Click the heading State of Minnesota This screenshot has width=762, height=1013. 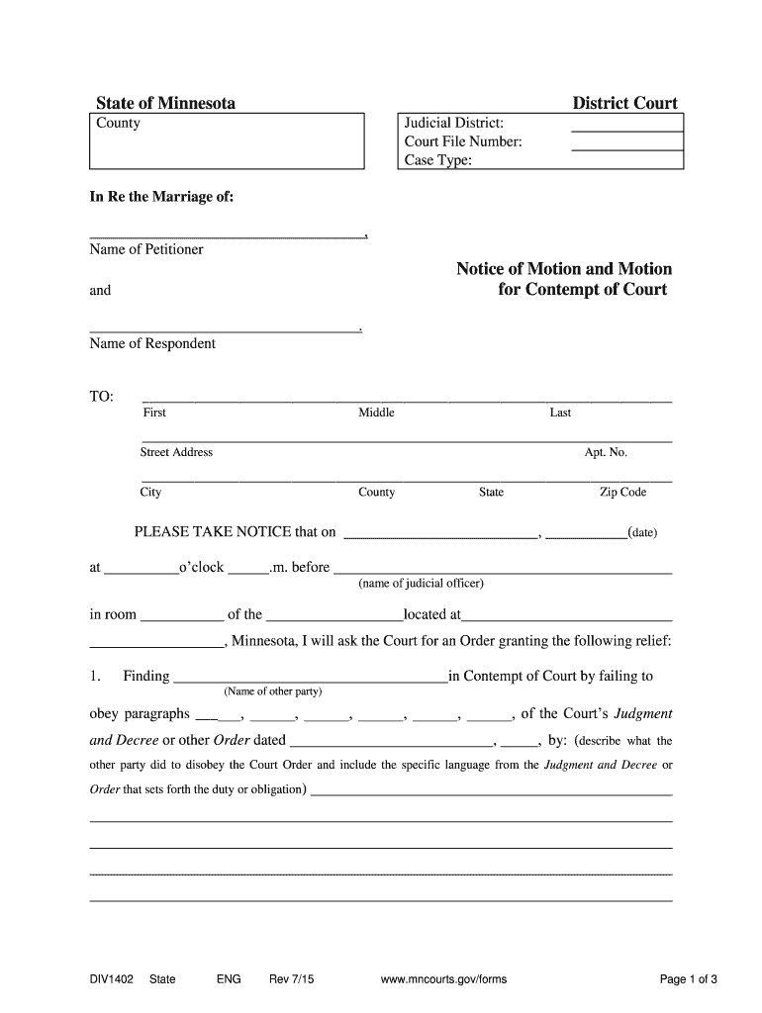point(165,103)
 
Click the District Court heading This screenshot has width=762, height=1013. point(624,103)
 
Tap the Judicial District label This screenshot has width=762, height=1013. point(454,123)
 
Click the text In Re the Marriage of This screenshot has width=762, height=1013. point(162,197)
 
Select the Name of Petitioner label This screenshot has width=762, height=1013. point(146,249)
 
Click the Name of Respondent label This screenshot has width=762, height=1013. point(152,343)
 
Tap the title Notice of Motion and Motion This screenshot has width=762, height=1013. point(563,269)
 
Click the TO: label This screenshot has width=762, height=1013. point(102,397)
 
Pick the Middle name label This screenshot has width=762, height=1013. point(376,413)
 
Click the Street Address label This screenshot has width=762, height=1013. point(176,452)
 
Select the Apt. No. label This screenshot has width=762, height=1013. point(606,452)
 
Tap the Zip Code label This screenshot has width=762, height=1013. point(622,492)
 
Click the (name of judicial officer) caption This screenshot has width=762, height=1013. point(421,583)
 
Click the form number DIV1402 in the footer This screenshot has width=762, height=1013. point(111,979)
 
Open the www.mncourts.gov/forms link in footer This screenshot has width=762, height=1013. point(443,979)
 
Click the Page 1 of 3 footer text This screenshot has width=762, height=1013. point(688,979)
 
